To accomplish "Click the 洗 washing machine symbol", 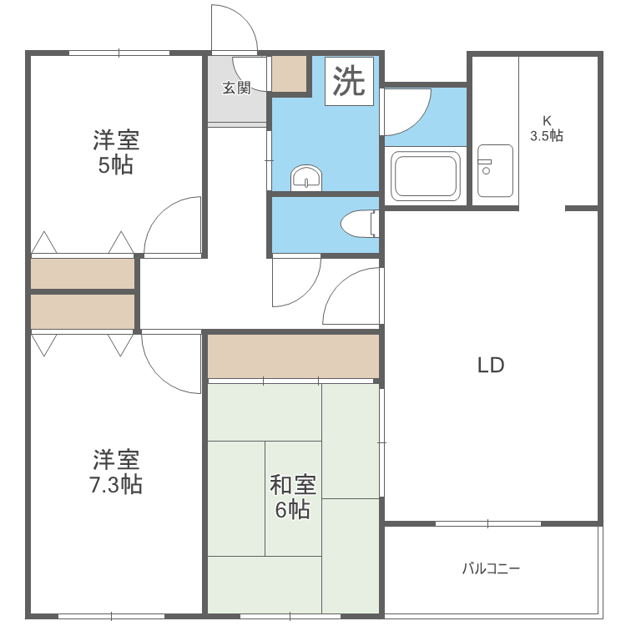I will coord(349,81).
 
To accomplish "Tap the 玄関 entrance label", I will coord(236,88).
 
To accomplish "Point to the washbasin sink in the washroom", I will coord(306,178).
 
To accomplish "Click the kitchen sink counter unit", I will coord(495,170).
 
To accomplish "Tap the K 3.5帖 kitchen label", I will coord(546,129).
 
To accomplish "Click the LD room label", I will coord(492,365).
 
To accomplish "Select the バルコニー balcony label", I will coord(492,569).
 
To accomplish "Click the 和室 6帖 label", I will coord(292,497).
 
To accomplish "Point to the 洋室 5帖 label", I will coord(116,151).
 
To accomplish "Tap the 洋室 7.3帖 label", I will coord(116,471).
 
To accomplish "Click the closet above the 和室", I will coord(293,356).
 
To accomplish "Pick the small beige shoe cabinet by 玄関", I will coord(290,74).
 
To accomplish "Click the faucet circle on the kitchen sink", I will coord(485,169).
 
